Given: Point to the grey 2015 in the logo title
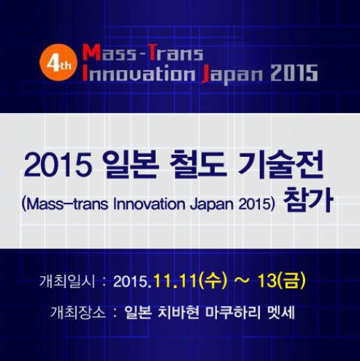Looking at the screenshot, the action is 295,73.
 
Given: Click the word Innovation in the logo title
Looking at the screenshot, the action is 139,73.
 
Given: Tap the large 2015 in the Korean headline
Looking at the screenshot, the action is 57,166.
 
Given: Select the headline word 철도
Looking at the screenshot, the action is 197,165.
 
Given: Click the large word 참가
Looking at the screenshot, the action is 308,200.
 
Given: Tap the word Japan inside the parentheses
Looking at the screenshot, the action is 211,205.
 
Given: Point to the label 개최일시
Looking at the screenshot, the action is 67,281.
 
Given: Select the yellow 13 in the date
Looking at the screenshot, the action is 267,280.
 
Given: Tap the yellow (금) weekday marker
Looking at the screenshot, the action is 291,280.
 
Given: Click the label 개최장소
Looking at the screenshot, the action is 78,312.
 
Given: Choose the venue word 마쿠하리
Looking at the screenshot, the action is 234,312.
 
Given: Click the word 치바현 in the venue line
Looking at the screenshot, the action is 178,312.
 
